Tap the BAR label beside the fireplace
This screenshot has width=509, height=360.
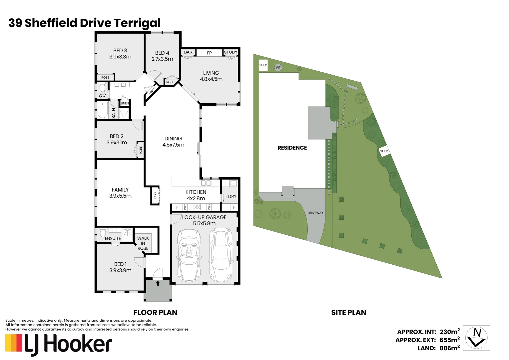188,52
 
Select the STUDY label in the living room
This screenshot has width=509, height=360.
231,52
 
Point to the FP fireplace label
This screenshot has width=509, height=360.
209,53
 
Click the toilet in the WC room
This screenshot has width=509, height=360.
102,88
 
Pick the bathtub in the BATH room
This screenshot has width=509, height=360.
103,110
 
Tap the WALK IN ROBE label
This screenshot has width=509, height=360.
143,243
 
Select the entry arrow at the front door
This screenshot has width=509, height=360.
158,283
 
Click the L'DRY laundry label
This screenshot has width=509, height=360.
231,196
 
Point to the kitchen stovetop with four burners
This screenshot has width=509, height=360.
197,207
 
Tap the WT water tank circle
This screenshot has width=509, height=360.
278,68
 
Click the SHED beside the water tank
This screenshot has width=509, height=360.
263,65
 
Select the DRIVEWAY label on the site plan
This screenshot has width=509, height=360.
315,213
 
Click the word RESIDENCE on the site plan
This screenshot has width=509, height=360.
292,148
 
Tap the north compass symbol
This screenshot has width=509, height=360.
477,337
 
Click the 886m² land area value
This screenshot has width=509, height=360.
450,348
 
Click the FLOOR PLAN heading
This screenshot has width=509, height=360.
155,313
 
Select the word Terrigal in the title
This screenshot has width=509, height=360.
137,23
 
